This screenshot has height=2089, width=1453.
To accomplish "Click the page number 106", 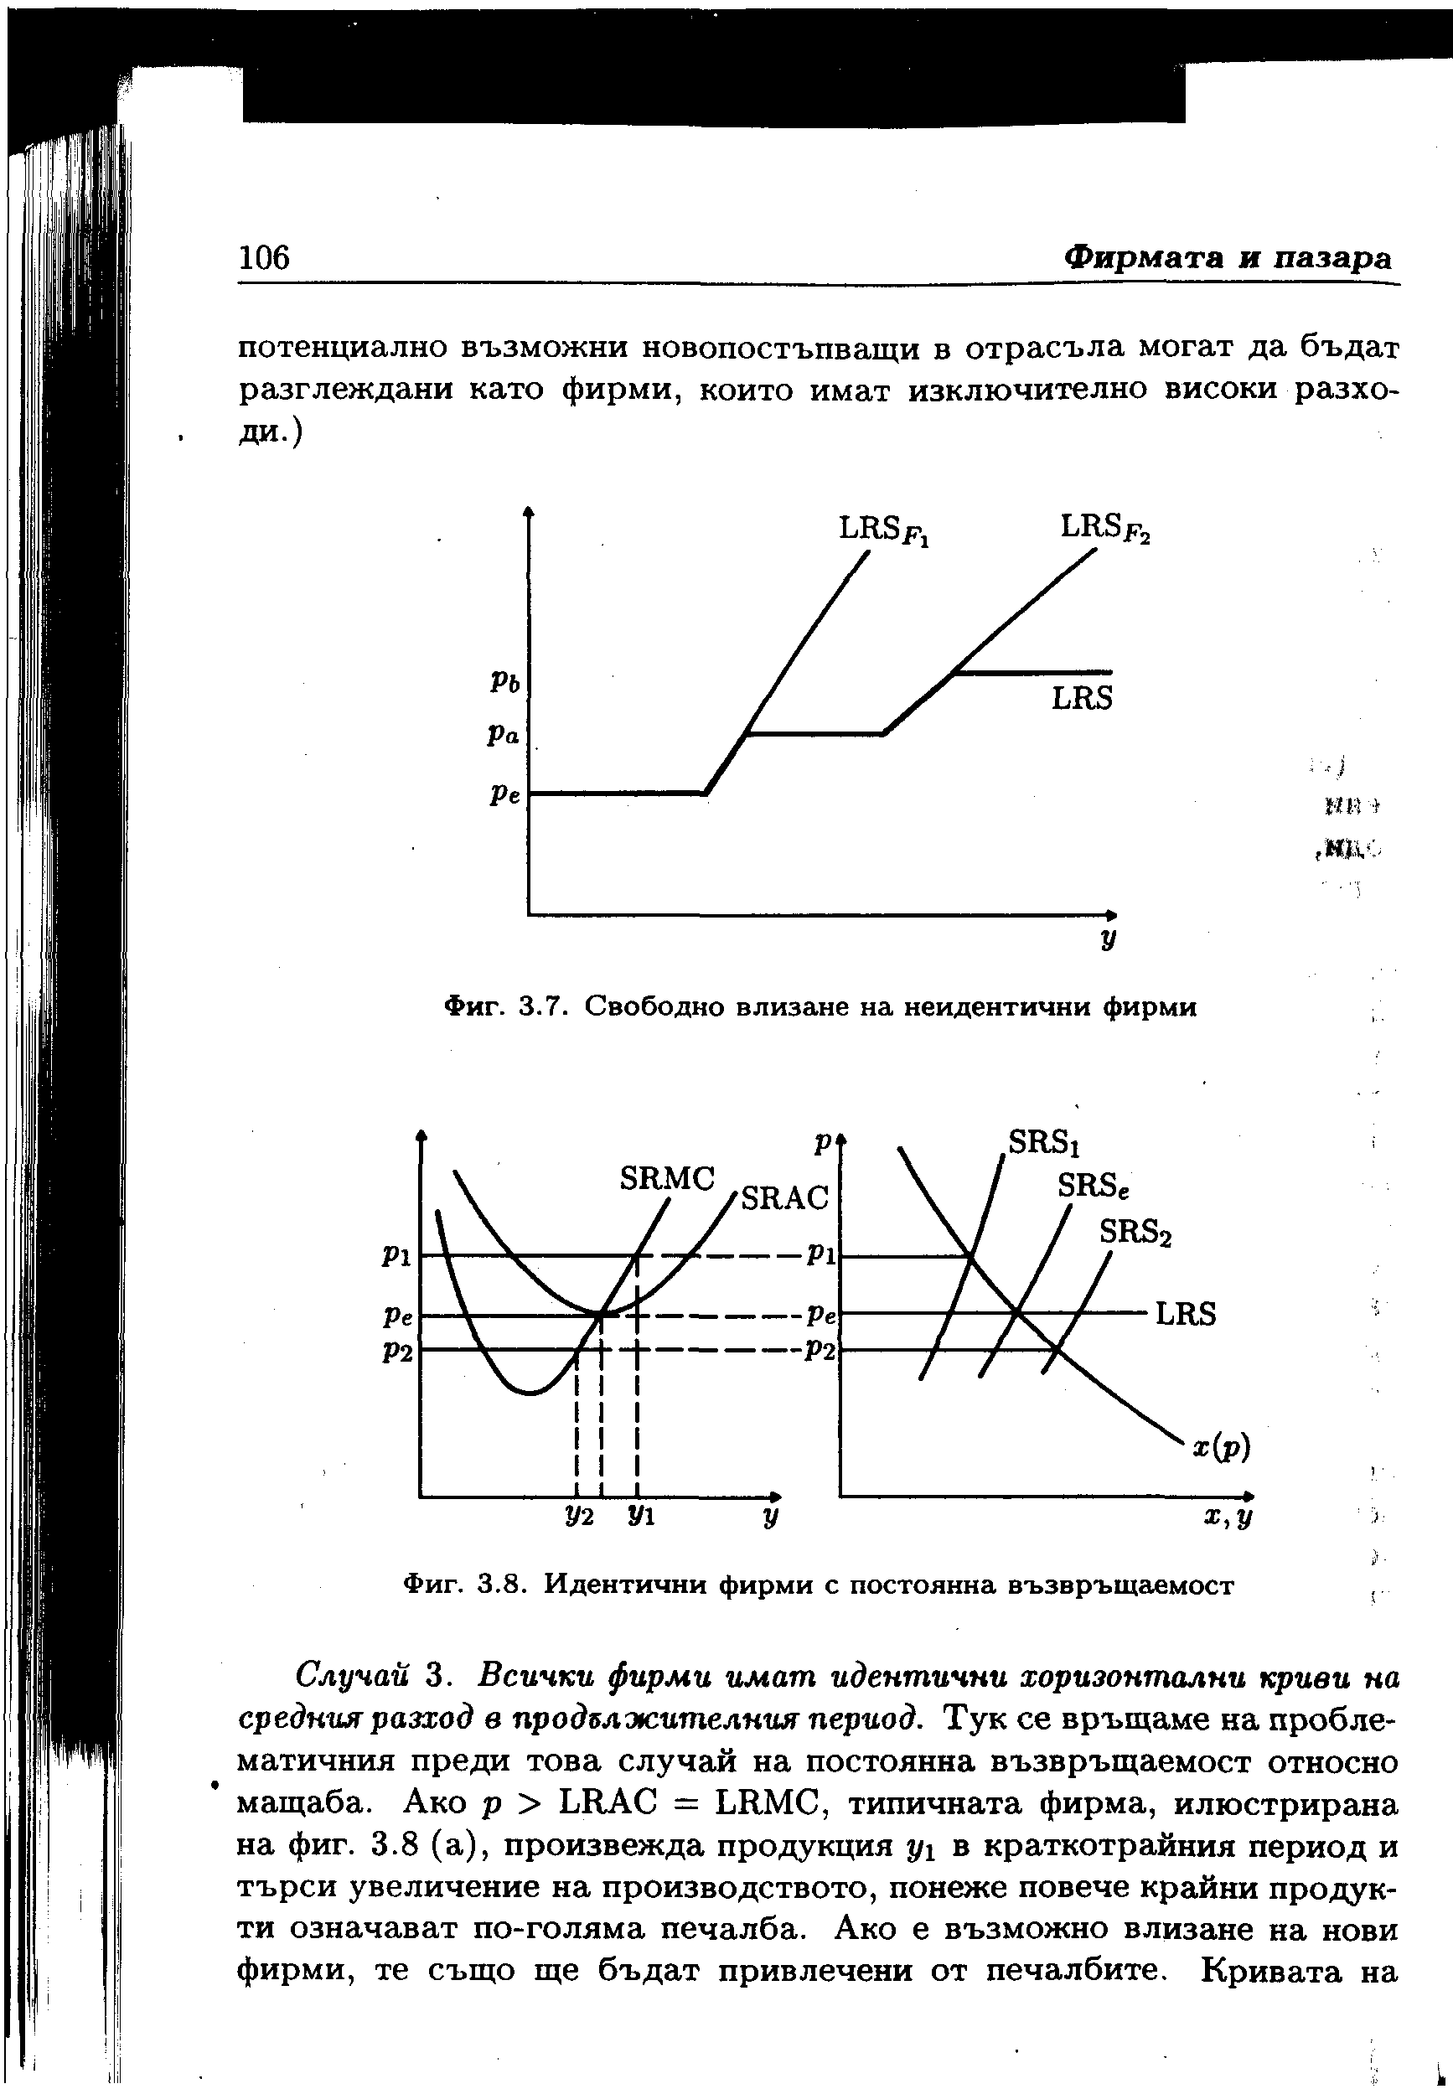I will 263,257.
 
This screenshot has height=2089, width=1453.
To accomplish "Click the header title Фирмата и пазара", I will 1228,257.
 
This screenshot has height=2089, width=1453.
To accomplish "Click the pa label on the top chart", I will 503,735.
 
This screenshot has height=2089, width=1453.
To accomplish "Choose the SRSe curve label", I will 1092,1186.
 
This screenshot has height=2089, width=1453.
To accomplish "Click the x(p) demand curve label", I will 1222,1445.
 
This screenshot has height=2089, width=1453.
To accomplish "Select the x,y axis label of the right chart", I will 1228,1518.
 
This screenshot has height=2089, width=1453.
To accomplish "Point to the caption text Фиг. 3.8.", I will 465,1585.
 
